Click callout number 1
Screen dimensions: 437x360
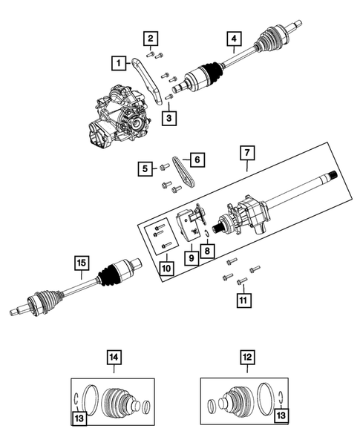118,63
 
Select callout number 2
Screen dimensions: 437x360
150,39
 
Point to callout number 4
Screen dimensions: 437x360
234,39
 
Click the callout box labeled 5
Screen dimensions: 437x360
143,170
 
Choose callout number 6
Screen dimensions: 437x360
197,159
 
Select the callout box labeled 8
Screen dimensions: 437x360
205,252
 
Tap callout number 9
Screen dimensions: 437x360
191,257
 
